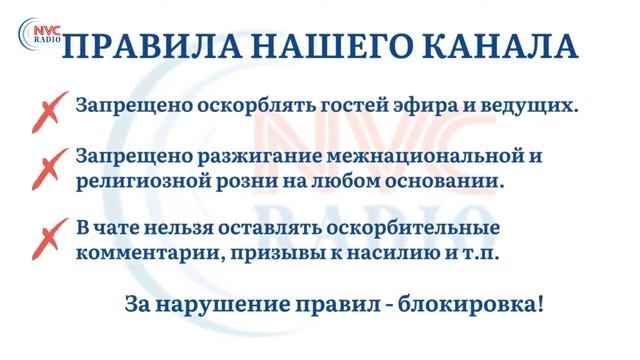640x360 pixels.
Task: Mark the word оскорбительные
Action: click(x=421, y=229)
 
